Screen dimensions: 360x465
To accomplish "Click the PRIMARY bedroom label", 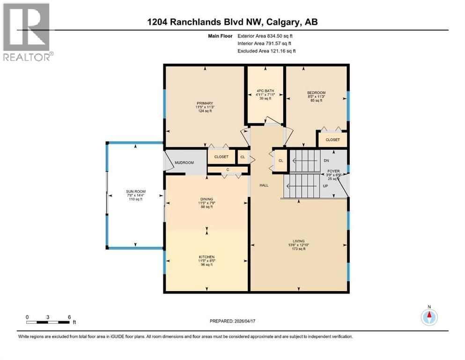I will [205, 103].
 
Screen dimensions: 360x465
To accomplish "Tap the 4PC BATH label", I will [265, 90].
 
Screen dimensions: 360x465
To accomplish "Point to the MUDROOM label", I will [184, 163].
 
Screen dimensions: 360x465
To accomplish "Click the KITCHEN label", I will [207, 257].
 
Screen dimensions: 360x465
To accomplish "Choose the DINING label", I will [207, 199].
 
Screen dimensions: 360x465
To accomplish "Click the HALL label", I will [264, 185].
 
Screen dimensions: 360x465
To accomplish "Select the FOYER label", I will [333, 171].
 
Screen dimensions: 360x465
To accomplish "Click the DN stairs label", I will [326, 160].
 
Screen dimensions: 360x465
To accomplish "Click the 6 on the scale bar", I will [69, 316].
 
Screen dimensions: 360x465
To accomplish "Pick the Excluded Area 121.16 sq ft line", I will [266, 51].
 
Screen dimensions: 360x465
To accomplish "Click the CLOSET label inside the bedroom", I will [332, 139].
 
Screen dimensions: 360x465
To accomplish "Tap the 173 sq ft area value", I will [299, 249].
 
